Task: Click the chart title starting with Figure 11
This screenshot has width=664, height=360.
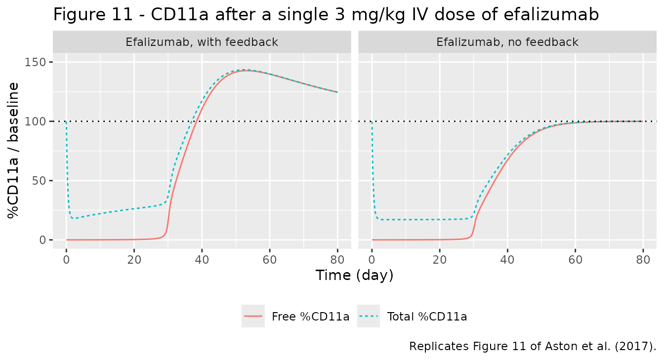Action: (x=326, y=15)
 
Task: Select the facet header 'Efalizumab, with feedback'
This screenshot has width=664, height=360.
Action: (x=202, y=42)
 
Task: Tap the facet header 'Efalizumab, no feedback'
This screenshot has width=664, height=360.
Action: (x=507, y=42)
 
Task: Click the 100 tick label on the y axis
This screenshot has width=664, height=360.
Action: (x=35, y=121)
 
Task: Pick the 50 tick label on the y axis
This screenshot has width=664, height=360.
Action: (x=39, y=181)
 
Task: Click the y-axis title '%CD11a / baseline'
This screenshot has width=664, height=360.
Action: (x=13, y=151)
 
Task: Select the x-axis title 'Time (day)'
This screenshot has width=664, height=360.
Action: (x=355, y=275)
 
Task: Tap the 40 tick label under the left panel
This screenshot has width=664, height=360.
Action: (x=202, y=260)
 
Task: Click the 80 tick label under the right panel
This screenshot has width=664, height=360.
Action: (x=643, y=260)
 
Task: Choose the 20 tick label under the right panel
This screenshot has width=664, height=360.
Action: (x=439, y=260)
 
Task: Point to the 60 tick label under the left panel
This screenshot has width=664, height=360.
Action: (x=270, y=260)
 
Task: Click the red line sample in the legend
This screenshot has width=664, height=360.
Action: (x=253, y=316)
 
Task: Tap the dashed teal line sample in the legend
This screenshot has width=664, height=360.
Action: (x=369, y=316)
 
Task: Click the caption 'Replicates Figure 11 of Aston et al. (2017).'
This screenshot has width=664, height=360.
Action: (x=533, y=346)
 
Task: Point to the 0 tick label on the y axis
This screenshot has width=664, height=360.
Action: (x=42, y=240)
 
